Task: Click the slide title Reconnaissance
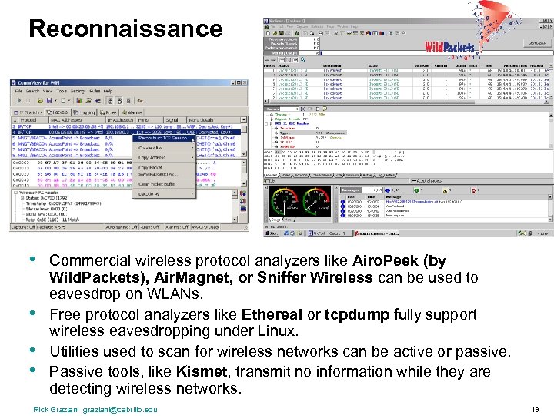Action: [x=125, y=29]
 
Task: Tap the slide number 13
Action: [x=536, y=408]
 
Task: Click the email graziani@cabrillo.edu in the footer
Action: [x=120, y=408]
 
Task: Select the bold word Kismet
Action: [x=202, y=372]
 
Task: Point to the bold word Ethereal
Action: [x=272, y=315]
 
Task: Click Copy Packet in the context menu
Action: [x=152, y=167]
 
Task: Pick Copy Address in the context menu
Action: [x=153, y=157]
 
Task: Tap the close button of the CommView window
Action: [x=244, y=82]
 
